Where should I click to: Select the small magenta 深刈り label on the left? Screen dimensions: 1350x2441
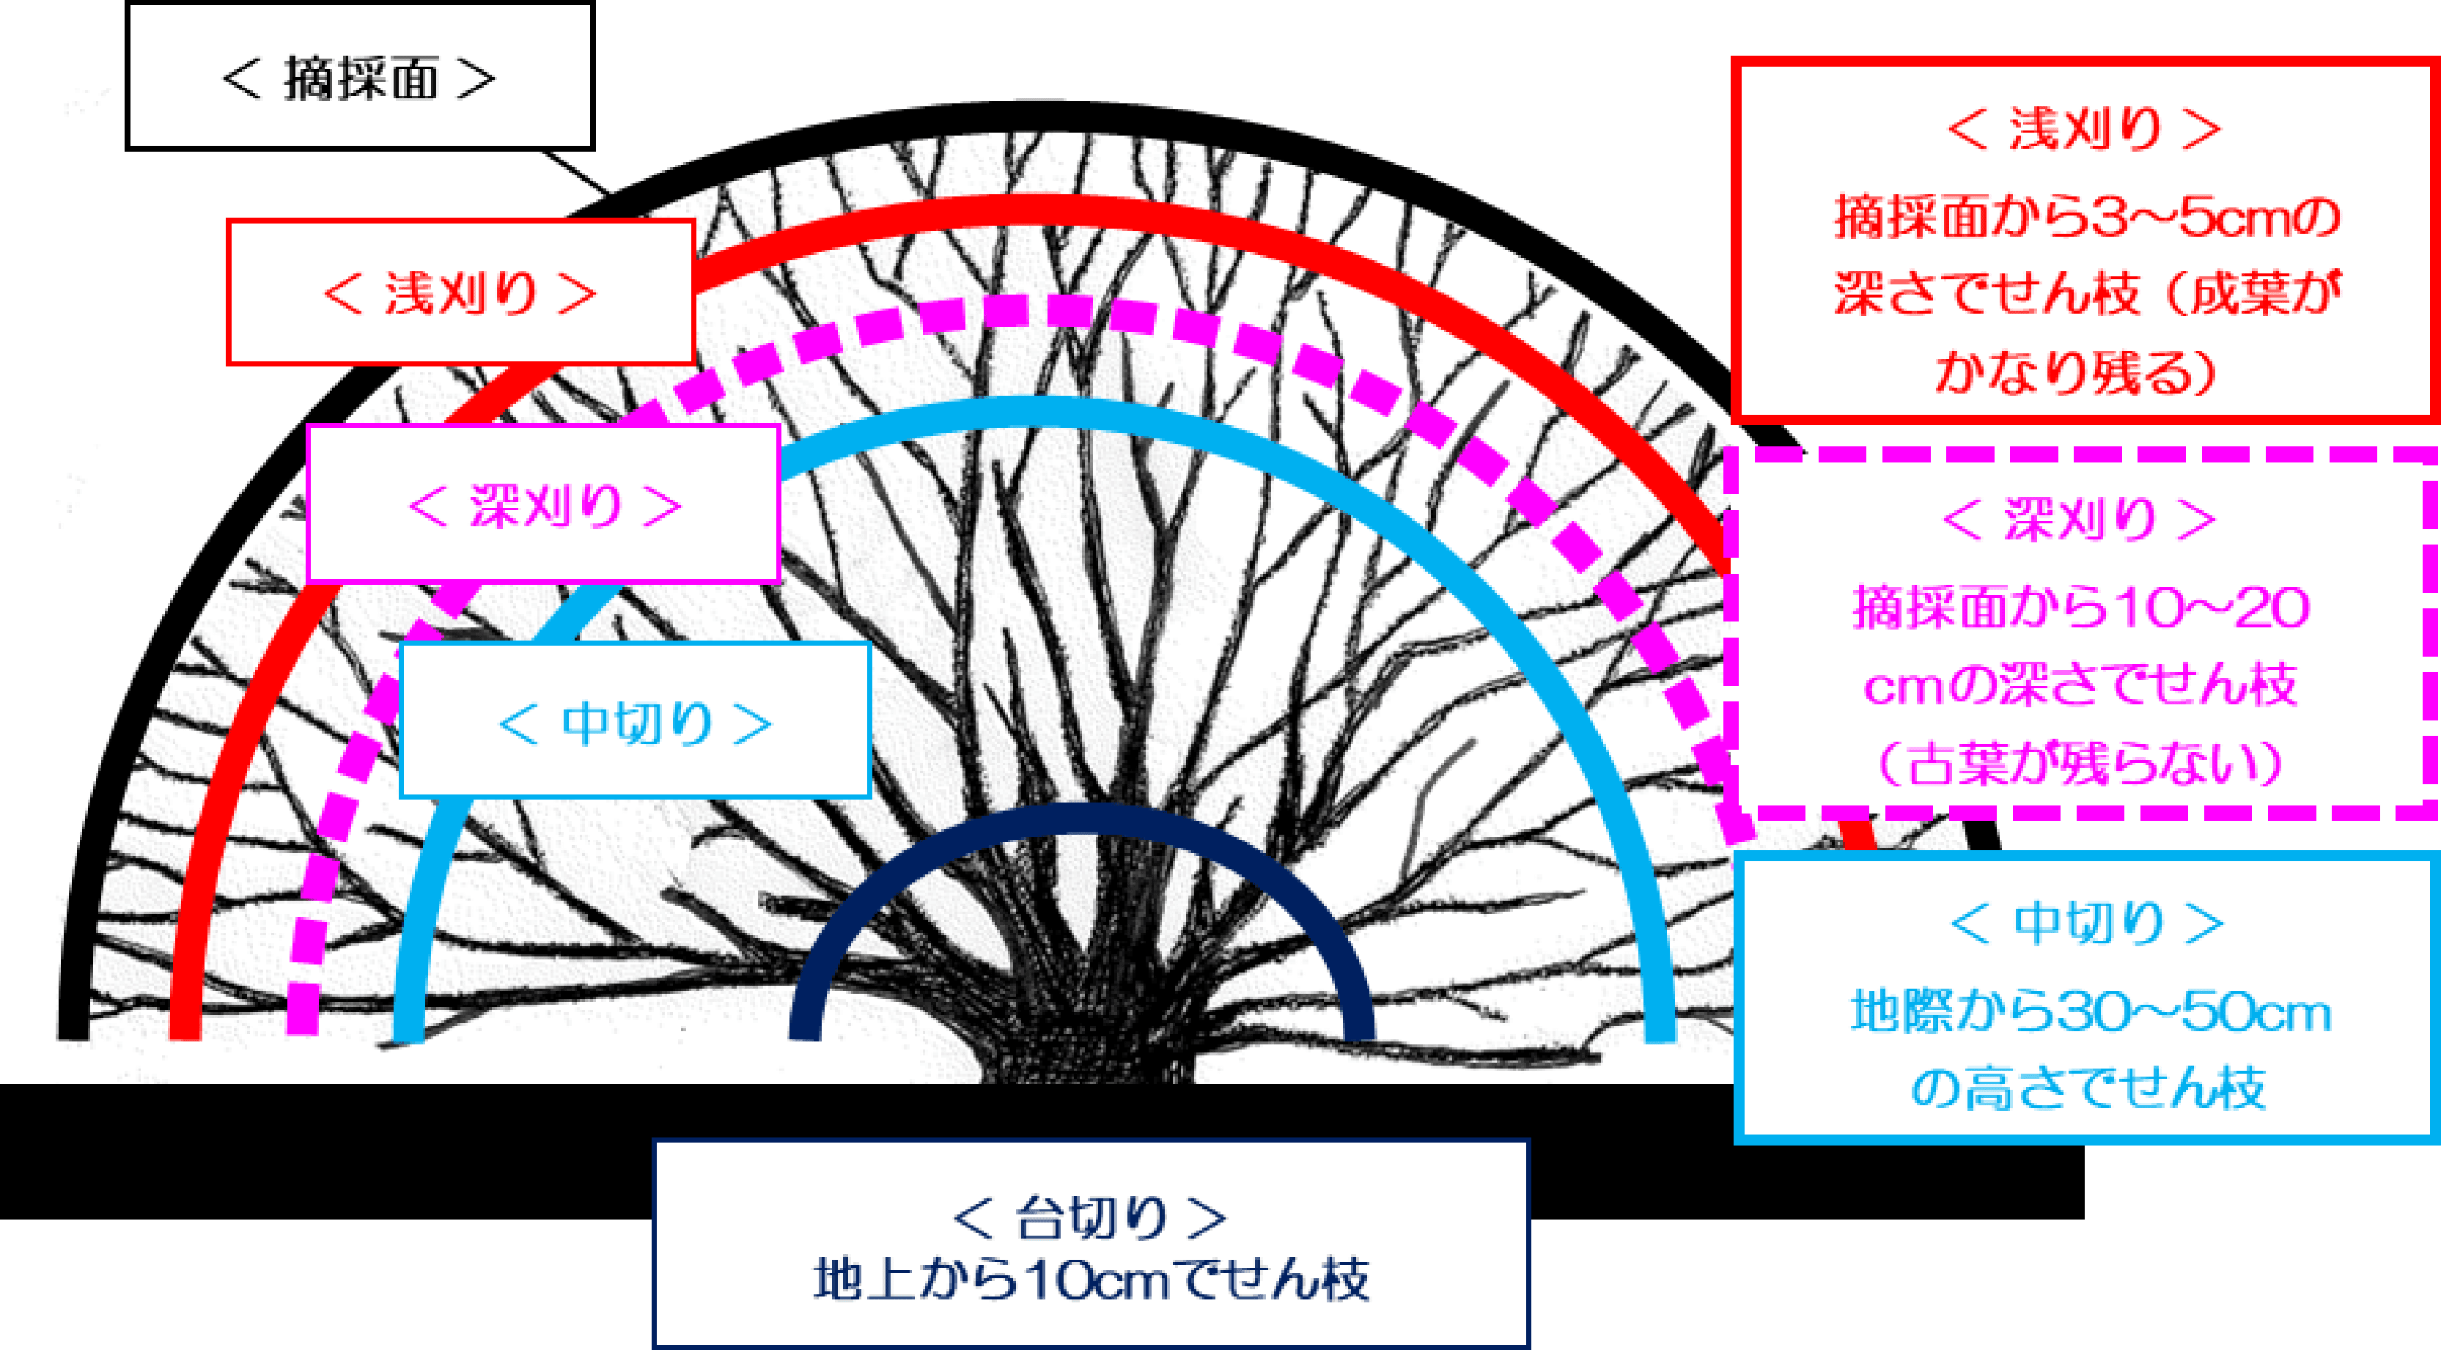pyautogui.click(x=544, y=505)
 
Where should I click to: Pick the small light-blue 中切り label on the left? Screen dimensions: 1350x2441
pyautogui.click(x=635, y=722)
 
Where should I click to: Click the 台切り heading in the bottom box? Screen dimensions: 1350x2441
pyautogui.click(x=1090, y=1218)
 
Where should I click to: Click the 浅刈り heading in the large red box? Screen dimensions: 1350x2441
pyautogui.click(x=2085, y=129)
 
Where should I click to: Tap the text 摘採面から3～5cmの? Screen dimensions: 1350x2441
pyautogui.click(x=2085, y=217)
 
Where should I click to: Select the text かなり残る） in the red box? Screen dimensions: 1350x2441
pyautogui.click(x=2075, y=372)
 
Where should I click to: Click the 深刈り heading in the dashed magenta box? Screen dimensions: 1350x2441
pyautogui.click(x=2079, y=518)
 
